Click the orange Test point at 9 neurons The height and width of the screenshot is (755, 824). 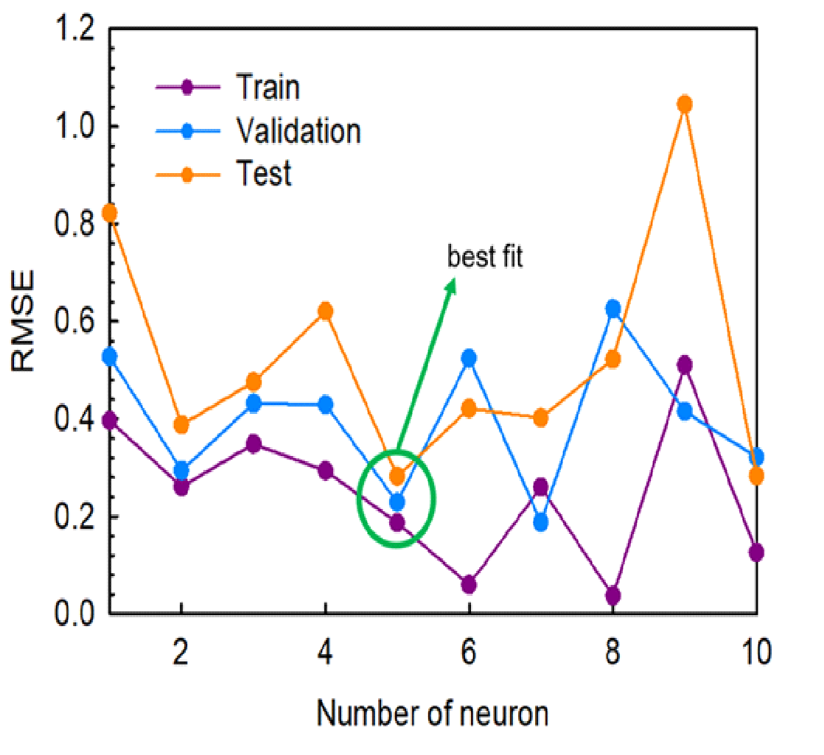(x=685, y=104)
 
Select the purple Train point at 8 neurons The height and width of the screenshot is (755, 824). (x=612, y=595)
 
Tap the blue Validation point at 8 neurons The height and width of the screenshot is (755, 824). (x=612, y=309)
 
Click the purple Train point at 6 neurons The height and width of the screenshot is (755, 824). (x=469, y=585)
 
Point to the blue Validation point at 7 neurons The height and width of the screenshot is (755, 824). (x=541, y=522)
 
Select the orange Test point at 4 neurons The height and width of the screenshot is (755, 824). (x=325, y=311)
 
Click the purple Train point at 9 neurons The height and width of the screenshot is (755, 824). (x=685, y=365)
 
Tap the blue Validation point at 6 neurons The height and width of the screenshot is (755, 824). (x=469, y=358)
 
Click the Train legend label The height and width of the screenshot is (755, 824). (x=268, y=88)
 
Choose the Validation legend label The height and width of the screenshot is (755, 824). (x=298, y=131)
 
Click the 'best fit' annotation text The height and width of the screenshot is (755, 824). (x=485, y=257)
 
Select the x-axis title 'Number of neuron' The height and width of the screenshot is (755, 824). (x=433, y=713)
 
